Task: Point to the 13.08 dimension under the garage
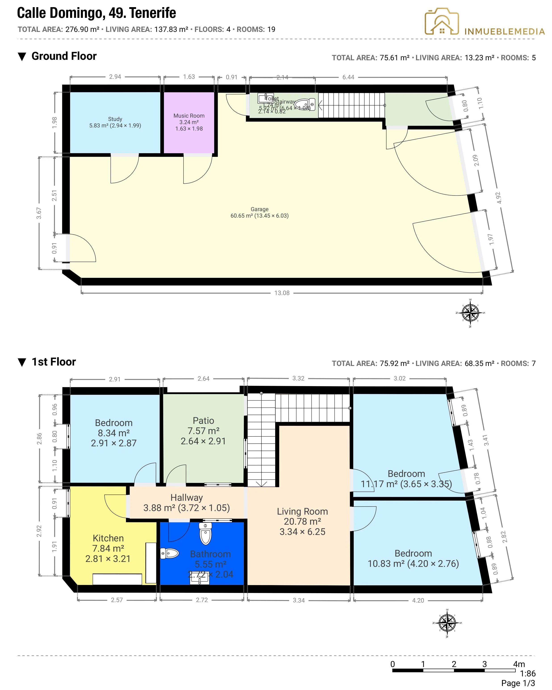coord(282,293)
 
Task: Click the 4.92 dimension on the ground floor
coord(499,198)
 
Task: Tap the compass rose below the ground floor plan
coord(470,313)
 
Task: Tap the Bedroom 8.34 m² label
coord(114,433)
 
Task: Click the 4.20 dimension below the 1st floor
coord(418,600)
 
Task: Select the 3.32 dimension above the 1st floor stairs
coord(298,378)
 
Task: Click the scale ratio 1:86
coord(527,674)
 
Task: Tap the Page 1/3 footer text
coord(518,683)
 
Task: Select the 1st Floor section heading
coord(53,362)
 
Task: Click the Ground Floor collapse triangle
coord(22,57)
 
